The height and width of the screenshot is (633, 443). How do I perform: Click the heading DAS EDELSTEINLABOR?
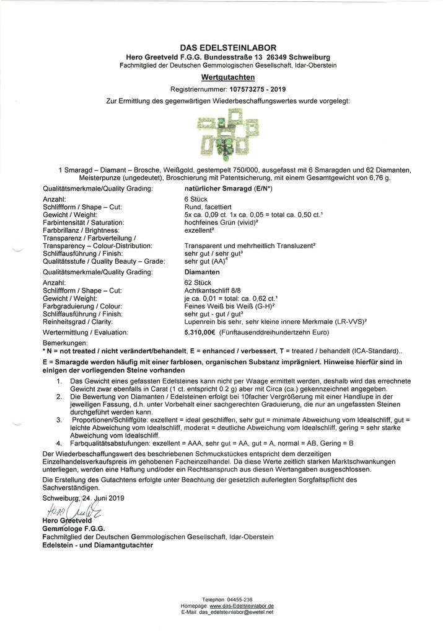point(228,48)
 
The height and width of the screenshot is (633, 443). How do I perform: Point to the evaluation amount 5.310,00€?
point(200,332)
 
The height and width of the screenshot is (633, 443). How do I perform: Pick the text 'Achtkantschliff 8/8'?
point(209,289)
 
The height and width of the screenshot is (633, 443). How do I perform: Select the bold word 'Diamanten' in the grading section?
point(202,271)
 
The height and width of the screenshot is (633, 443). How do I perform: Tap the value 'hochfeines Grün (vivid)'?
point(222,222)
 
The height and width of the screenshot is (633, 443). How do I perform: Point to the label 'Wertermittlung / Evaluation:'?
point(82,332)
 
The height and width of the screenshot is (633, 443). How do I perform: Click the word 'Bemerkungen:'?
point(65,343)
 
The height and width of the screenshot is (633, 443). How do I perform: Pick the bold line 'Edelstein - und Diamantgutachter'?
point(97,545)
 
